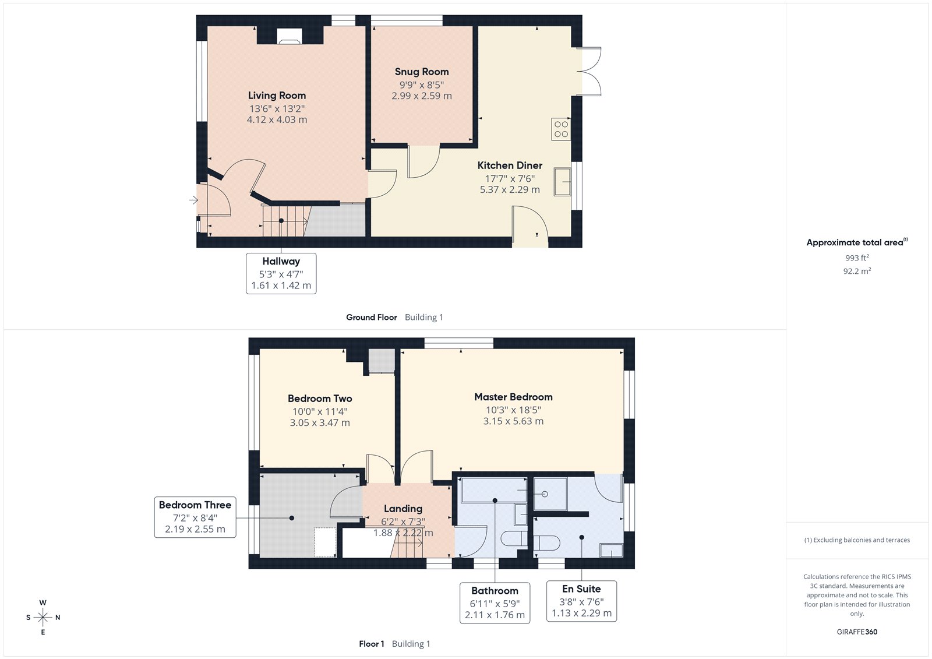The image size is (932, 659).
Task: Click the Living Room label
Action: (x=277, y=96)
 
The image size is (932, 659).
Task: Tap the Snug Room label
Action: (x=422, y=72)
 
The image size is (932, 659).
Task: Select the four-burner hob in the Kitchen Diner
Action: (x=561, y=129)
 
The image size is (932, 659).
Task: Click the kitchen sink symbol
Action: (x=562, y=181)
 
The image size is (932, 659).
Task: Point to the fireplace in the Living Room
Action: (x=290, y=36)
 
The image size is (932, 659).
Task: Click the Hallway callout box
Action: (x=281, y=273)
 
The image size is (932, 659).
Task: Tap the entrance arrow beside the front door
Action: (x=193, y=200)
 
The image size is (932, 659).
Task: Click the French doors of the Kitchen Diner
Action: (x=590, y=71)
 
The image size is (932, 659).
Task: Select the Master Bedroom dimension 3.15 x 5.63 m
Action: (x=513, y=421)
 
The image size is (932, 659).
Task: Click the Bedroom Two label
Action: (x=320, y=399)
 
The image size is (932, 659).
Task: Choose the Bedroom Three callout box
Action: (x=195, y=517)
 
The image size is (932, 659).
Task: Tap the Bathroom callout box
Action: (x=495, y=602)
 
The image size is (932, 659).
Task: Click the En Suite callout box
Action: (x=581, y=601)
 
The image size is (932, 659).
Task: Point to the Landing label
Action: (x=403, y=509)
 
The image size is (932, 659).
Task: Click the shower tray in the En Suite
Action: (x=550, y=494)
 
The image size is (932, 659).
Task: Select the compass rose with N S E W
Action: (x=43, y=617)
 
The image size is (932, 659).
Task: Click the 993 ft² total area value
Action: (x=857, y=258)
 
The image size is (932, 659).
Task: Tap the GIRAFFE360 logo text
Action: (x=857, y=632)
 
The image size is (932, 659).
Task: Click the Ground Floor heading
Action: (x=371, y=318)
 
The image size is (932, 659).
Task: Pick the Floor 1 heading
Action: (x=371, y=644)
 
